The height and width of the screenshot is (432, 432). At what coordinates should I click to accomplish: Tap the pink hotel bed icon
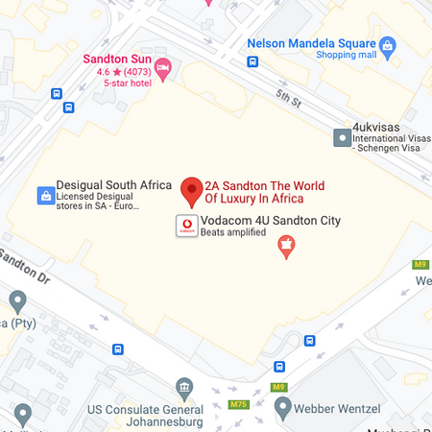tap(163, 66)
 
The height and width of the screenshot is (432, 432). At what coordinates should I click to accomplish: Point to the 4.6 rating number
tap(104, 71)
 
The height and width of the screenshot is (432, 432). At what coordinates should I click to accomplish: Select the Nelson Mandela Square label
tap(310, 43)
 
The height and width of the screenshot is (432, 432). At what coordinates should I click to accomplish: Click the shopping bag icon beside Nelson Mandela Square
tap(388, 44)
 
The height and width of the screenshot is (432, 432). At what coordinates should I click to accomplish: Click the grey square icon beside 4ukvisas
tap(341, 138)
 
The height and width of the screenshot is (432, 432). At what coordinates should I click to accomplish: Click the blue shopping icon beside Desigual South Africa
tap(44, 196)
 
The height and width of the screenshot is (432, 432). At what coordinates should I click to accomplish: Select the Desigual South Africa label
tap(114, 185)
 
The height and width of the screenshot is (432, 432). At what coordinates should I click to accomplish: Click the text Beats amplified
tap(233, 233)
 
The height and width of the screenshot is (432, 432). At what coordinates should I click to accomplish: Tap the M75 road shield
tap(238, 404)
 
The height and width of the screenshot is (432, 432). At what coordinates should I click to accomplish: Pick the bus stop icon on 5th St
tap(252, 62)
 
